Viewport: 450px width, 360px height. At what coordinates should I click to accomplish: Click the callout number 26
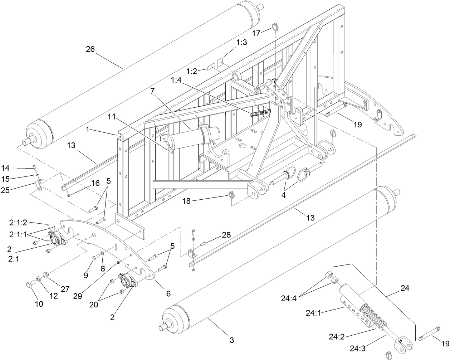click(90, 49)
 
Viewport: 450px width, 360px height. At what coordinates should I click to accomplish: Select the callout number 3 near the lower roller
click(232, 340)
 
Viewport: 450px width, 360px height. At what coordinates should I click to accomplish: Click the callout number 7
click(153, 91)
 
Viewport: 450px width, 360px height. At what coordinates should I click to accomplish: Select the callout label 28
click(226, 235)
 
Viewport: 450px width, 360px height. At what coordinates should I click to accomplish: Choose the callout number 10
click(39, 304)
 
